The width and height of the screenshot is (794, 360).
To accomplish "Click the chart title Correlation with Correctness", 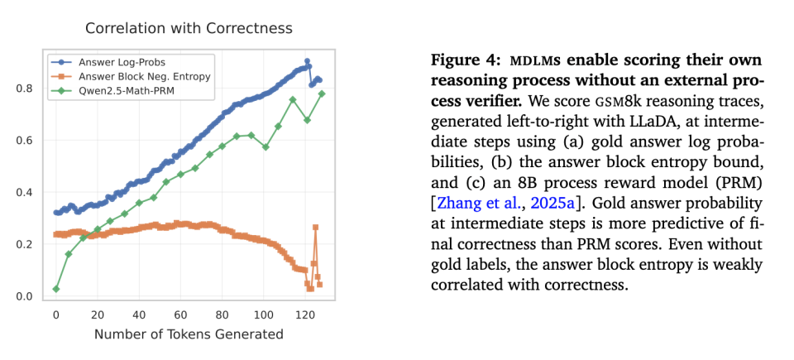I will (x=189, y=29).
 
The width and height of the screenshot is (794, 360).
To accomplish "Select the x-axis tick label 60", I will (x=181, y=314).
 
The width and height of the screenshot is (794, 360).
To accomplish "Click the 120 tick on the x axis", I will (x=306, y=314).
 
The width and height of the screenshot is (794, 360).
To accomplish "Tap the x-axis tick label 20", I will (x=98, y=314).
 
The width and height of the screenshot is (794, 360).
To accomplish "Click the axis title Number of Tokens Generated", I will (x=189, y=334).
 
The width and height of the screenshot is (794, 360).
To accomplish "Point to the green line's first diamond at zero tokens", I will (x=56, y=289).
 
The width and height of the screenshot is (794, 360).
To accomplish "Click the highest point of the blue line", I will (x=307, y=61).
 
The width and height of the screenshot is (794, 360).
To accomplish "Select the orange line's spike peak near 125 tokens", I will (x=315, y=227).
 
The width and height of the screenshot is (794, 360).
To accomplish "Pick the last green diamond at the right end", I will (x=322, y=94).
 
